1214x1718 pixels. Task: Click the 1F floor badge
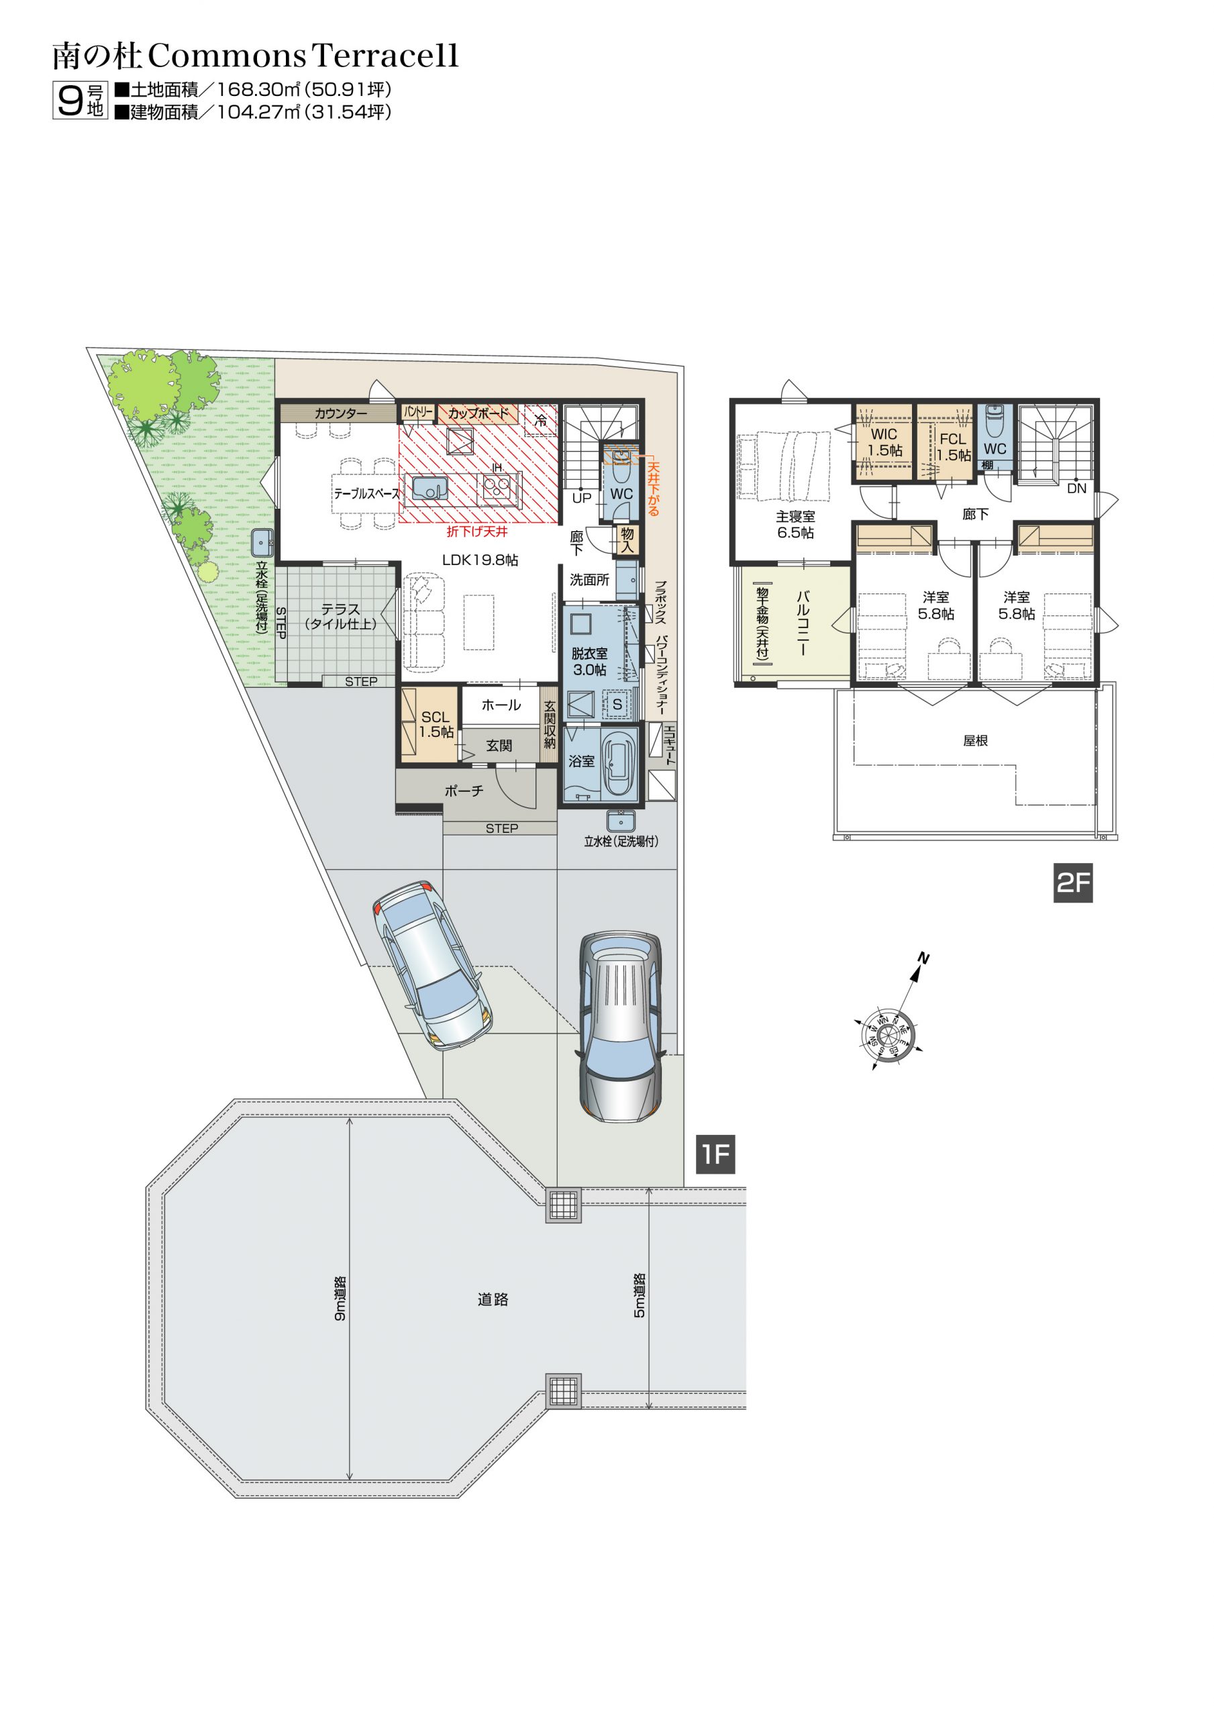pyautogui.click(x=715, y=1154)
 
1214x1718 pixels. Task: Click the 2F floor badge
pyautogui.click(x=1072, y=883)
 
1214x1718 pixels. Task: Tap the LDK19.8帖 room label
pyautogui.click(x=480, y=560)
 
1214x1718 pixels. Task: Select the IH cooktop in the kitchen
pyautogui.click(x=498, y=489)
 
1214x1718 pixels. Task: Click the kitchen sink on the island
pyautogui.click(x=429, y=489)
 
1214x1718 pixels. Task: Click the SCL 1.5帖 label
pyautogui.click(x=436, y=724)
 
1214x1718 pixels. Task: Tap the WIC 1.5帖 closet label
pyautogui.click(x=884, y=442)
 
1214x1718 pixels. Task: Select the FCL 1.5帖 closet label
pyautogui.click(x=953, y=447)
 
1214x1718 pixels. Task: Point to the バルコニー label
pyautogui.click(x=803, y=623)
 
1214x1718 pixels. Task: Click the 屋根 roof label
pyautogui.click(x=975, y=740)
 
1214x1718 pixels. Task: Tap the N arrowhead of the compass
pyautogui.click(x=915, y=972)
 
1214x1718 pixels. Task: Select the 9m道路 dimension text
pyautogui.click(x=340, y=1298)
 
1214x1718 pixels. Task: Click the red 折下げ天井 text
pyautogui.click(x=476, y=532)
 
